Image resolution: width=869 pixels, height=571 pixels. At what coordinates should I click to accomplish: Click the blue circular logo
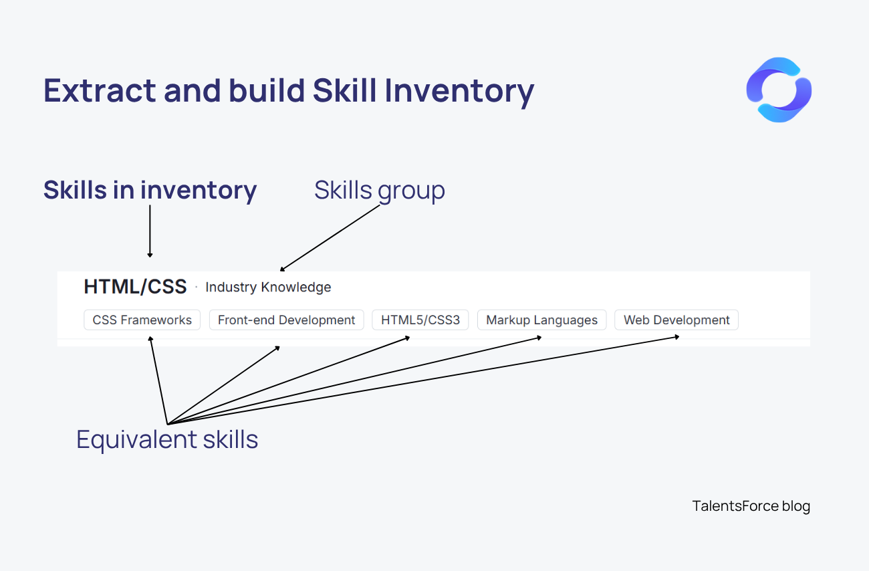tap(779, 90)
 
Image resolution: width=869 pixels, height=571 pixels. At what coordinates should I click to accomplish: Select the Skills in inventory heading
tap(150, 190)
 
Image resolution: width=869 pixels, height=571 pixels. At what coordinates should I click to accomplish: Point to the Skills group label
tap(379, 190)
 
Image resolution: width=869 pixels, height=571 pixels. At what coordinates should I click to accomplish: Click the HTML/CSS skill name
tap(135, 287)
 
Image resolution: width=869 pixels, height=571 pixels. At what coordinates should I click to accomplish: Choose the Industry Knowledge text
tap(268, 288)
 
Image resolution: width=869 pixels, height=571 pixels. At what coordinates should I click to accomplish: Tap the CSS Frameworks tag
tap(142, 320)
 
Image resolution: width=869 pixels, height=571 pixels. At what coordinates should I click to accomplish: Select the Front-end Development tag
tap(286, 320)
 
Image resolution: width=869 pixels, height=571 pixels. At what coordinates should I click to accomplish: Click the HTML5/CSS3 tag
tap(420, 320)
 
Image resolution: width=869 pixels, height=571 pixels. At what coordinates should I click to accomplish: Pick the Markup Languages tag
tap(541, 320)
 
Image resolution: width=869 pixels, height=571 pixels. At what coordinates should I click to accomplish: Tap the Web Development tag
tap(676, 320)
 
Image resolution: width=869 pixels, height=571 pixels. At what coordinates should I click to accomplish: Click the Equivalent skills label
tap(167, 440)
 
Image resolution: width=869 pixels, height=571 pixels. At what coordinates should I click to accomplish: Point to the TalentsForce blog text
tap(751, 506)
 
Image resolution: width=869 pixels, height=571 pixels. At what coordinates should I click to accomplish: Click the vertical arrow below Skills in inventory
tap(150, 231)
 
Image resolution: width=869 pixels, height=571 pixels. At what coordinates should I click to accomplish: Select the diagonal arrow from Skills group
tap(330, 237)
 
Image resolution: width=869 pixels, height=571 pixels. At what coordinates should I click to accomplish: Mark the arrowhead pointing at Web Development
tap(677, 336)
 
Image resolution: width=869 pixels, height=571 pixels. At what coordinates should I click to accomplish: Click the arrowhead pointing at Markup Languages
tap(539, 337)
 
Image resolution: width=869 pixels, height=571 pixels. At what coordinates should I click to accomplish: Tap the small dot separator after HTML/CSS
tap(196, 288)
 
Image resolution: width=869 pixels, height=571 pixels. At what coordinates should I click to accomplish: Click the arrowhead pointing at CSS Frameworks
tap(150, 339)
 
